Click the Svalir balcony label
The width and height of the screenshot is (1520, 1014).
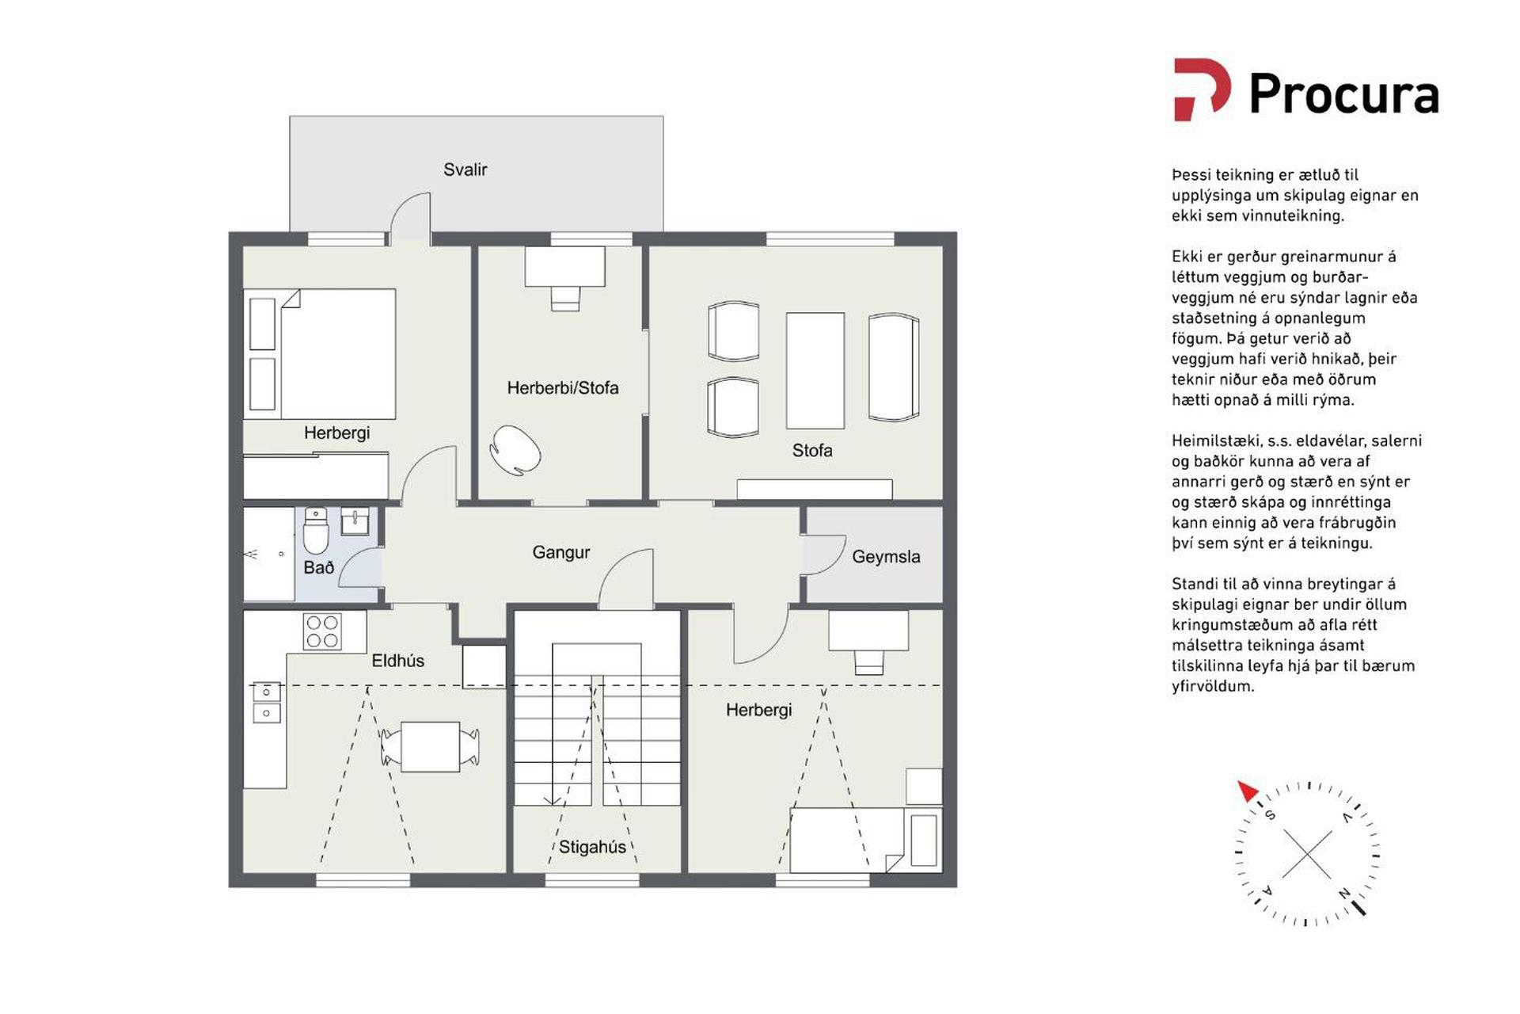[x=465, y=170]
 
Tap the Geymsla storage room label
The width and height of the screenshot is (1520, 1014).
[x=886, y=557]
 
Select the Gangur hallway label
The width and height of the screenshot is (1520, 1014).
[x=560, y=553]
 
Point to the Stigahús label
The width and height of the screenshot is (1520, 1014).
[x=592, y=847]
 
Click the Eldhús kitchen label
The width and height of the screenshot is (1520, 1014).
[x=397, y=661]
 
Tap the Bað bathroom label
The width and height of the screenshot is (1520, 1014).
[x=318, y=567]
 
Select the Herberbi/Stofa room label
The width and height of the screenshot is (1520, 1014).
[x=563, y=388]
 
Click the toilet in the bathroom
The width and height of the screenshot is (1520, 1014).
[x=316, y=531]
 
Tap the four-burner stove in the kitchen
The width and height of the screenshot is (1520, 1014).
[x=322, y=631]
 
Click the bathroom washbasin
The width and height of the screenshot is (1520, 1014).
[x=355, y=522]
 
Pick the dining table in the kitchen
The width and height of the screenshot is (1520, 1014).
[x=430, y=746]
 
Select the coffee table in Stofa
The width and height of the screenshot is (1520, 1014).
[x=815, y=370]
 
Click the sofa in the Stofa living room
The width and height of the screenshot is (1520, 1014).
[x=894, y=367]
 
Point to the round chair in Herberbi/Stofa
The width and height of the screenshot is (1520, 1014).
[x=515, y=450]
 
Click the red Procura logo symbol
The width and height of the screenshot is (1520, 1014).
[x=1202, y=90]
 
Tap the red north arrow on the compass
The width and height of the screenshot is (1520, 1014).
[x=1248, y=791]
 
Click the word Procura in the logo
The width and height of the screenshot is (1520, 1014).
[x=1343, y=94]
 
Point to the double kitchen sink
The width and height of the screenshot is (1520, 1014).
[x=266, y=703]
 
